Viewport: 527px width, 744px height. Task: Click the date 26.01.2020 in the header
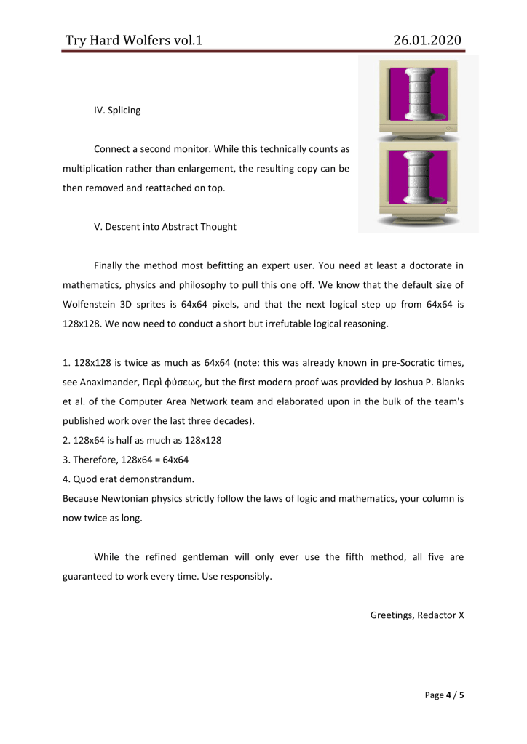pyautogui.click(x=427, y=40)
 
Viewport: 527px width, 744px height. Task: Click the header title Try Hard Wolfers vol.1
pyautogui.click(x=133, y=40)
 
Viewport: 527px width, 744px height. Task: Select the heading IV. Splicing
pyautogui.click(x=117, y=111)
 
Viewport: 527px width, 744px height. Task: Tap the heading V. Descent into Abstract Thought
pyautogui.click(x=165, y=226)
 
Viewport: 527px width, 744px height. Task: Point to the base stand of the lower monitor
pyautogui.click(x=418, y=221)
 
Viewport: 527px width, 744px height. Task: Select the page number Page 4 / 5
pyautogui.click(x=444, y=695)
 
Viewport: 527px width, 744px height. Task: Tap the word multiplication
pyautogui.click(x=96, y=169)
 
